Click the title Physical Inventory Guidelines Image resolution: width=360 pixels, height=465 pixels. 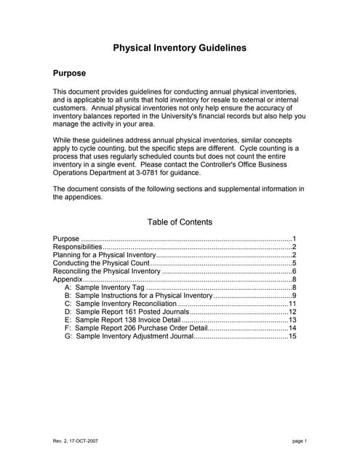point(180,48)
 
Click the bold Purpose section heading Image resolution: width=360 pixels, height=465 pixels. point(70,73)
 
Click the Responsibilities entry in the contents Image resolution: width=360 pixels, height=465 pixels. point(77,248)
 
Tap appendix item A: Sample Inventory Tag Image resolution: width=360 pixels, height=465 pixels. point(109,288)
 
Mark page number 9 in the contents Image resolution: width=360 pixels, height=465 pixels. point(294,296)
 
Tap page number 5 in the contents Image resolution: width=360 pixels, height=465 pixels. point(294,264)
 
